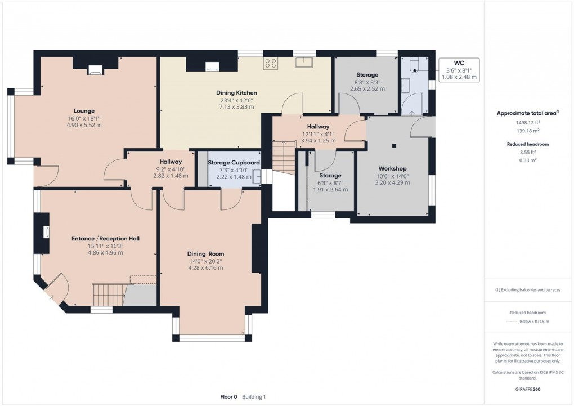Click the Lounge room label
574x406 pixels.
click(x=84, y=111)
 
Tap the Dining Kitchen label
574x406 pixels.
click(x=236, y=93)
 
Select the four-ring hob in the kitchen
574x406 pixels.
click(x=271, y=64)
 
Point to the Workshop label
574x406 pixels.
click(x=392, y=168)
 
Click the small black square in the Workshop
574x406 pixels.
click(x=394, y=145)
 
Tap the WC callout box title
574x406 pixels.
click(x=459, y=63)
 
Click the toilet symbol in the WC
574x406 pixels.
click(x=414, y=65)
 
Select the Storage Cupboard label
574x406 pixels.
click(x=234, y=162)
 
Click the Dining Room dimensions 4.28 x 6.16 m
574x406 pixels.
click(x=206, y=268)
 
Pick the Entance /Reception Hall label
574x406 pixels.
click(x=105, y=239)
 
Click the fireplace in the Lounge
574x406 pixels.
click(x=95, y=70)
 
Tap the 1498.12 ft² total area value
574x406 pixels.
click(x=528, y=123)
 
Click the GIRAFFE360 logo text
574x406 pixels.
click(x=528, y=389)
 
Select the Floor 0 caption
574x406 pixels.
click(x=228, y=397)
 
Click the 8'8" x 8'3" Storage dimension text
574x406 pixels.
click(x=367, y=82)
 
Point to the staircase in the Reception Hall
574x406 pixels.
click(x=109, y=295)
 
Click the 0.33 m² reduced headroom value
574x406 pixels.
click(x=528, y=160)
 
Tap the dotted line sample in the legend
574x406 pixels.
click(x=512, y=322)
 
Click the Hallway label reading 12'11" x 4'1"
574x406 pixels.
click(x=318, y=134)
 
